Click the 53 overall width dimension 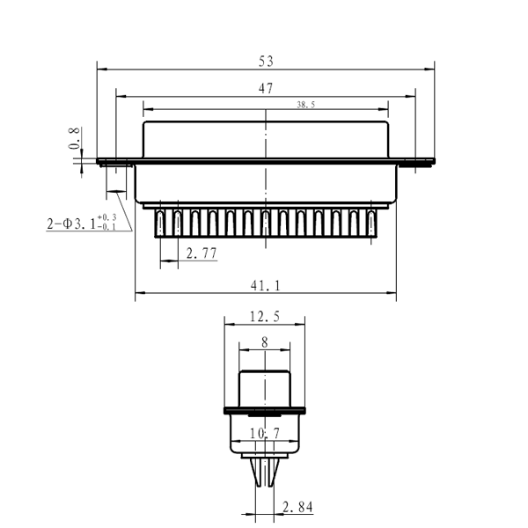pos(266,61)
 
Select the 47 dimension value pos(266,88)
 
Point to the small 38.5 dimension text pos(307,104)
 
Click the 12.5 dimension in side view pos(265,318)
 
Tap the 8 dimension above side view pos(265,343)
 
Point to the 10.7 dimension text pos(265,433)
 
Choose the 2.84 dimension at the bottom pos(297,507)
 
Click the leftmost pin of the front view pos(161,223)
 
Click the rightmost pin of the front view pos(372,223)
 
